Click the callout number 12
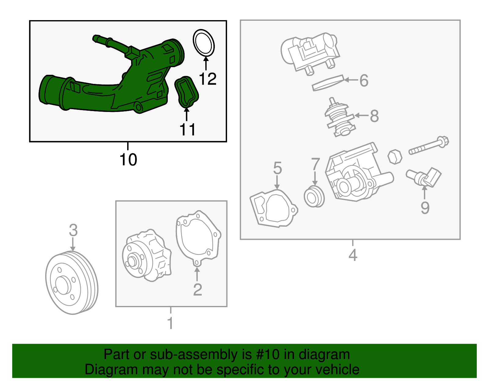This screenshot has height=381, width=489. point(208,79)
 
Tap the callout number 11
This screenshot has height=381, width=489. point(187,129)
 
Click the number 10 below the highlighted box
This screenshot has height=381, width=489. point(128,160)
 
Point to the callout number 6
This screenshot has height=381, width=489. point(364,80)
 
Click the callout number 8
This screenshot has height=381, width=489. point(374,116)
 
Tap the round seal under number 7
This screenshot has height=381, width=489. point(314,196)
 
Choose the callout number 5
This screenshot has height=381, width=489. point(278,168)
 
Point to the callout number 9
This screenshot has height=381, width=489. point(425,208)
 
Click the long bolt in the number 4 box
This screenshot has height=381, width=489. point(429,146)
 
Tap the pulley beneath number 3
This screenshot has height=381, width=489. point(72,283)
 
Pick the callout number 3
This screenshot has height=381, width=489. point(73,230)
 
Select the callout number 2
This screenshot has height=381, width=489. point(197,289)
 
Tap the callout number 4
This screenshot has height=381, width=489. point(353,255)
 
